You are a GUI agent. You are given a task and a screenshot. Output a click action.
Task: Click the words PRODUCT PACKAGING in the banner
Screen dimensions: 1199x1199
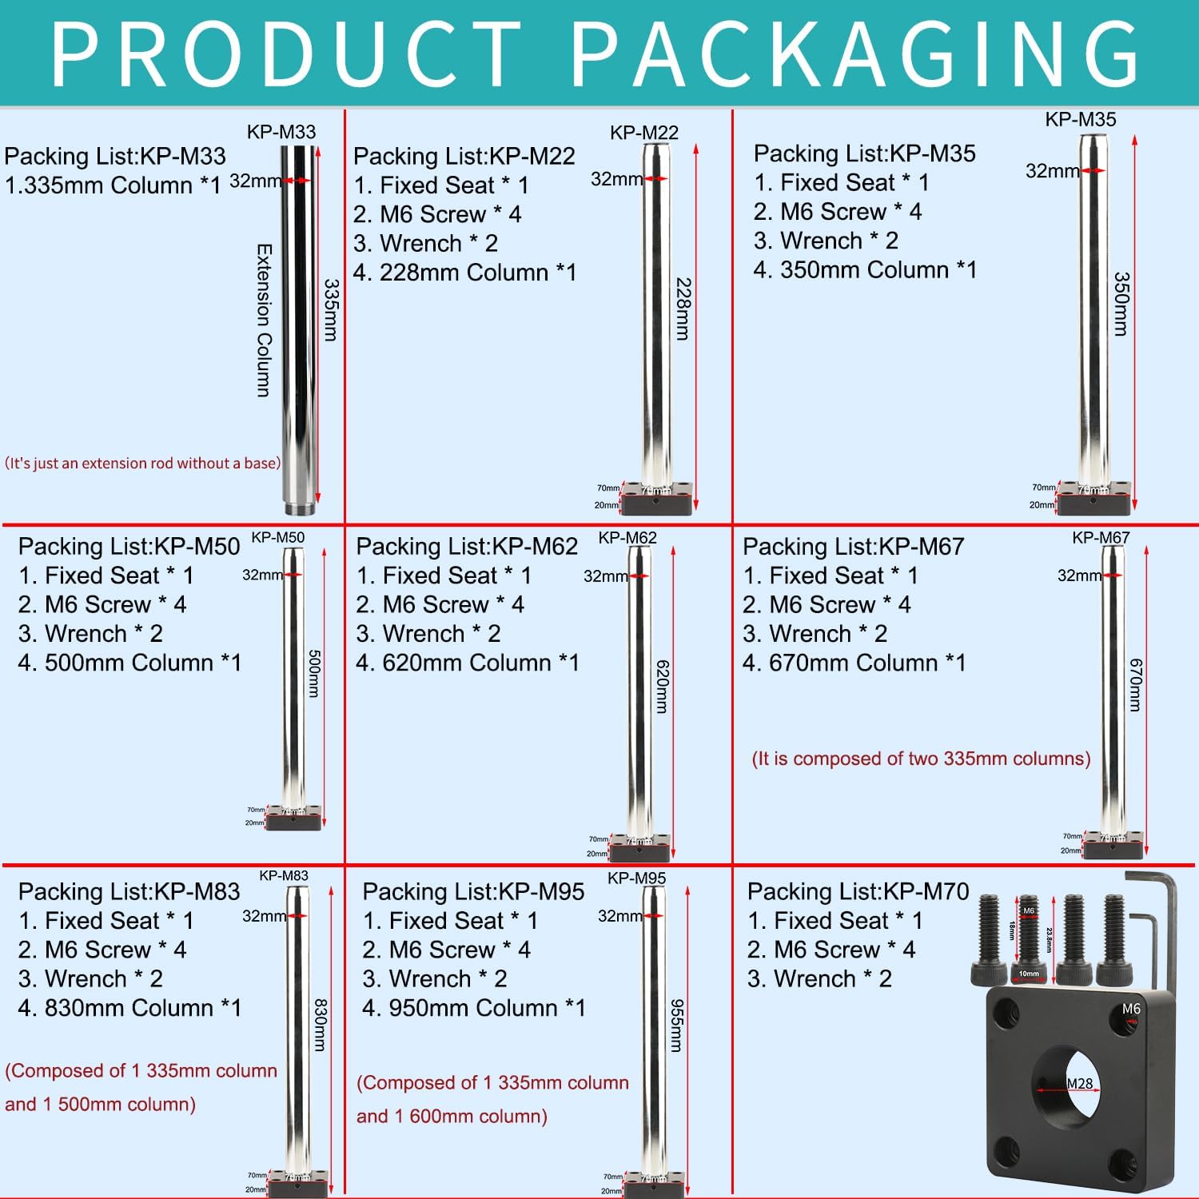596,53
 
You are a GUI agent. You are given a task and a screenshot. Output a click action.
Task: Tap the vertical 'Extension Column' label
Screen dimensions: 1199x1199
264,320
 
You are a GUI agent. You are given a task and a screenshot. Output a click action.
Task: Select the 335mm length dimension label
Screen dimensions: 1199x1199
331,310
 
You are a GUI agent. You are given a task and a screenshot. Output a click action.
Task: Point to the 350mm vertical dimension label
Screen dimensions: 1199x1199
1121,304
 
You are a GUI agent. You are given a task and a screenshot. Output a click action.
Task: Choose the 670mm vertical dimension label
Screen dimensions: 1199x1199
1135,684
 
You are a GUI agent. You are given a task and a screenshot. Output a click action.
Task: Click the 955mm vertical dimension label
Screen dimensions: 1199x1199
676,1025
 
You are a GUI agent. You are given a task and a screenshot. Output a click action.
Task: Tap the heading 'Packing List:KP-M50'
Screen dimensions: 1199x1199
129,547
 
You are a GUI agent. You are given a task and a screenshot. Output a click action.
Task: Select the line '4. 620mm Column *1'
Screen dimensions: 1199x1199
467,663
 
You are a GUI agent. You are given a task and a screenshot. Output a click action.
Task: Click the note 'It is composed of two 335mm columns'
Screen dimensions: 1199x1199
921,759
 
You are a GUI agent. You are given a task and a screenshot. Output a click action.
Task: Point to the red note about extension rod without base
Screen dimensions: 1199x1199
143,463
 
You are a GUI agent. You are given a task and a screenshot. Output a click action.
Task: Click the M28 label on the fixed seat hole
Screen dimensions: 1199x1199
1079,1083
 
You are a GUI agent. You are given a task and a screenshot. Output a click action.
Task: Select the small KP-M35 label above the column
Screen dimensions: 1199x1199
1080,120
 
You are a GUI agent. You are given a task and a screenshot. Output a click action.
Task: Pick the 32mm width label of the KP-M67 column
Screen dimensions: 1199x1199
1078,576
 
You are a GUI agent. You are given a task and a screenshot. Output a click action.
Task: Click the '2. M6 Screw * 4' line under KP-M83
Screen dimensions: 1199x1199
102,950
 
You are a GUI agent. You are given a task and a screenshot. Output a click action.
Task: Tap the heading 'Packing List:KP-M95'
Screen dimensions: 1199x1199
473,892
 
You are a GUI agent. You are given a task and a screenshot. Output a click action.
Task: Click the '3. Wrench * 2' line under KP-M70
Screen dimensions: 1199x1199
819,978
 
